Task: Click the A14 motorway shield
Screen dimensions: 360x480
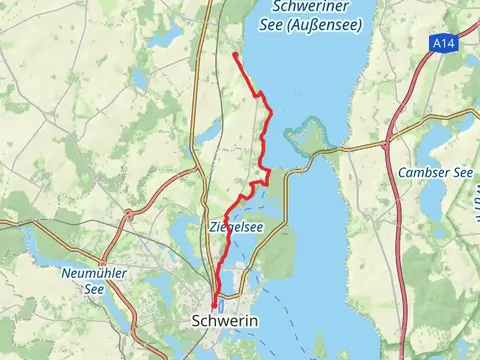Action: click(446, 44)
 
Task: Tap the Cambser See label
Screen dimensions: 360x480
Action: click(435, 172)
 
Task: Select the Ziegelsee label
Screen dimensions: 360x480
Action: click(237, 227)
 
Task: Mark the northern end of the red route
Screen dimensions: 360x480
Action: click(234, 53)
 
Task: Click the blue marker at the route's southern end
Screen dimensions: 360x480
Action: click(215, 307)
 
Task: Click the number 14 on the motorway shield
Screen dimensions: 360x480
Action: click(449, 44)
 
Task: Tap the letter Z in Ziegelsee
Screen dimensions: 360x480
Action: click(213, 227)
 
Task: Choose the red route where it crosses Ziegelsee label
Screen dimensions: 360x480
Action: click(226, 227)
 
